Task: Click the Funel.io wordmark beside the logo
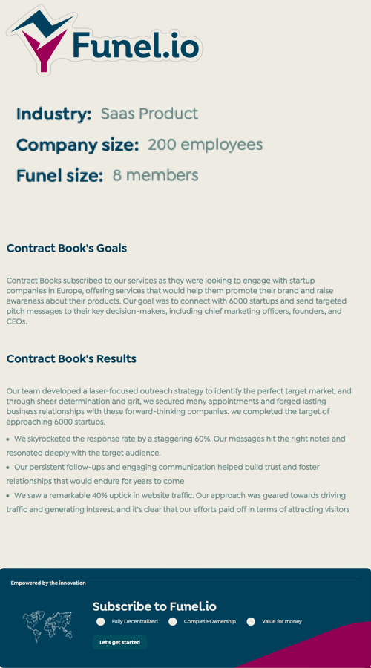[136, 46]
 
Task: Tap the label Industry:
[53, 114]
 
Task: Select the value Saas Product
[149, 114]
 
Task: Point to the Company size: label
[77, 145]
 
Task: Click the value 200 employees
[205, 145]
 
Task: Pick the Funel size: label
[59, 176]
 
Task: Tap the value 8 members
[155, 175]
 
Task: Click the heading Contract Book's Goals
[67, 249]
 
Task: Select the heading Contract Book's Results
[71, 359]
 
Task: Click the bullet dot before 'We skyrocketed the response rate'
[8, 439]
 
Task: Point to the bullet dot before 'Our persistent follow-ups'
[8, 468]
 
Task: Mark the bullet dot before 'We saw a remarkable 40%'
[8, 495]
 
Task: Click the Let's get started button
[119, 642]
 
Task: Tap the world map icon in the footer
[47, 624]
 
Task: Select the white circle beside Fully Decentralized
[100, 621]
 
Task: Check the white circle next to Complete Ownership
[173, 621]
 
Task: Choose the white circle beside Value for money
[251, 621]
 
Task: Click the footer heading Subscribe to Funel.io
[154, 606]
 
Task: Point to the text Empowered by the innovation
[48, 583]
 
